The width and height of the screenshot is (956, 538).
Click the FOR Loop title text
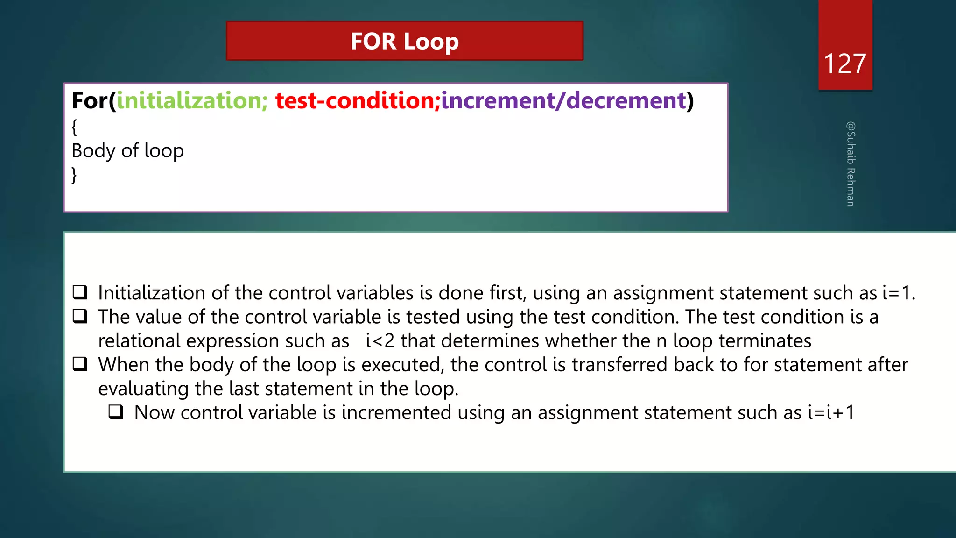[405, 41]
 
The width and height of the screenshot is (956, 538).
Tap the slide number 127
[845, 64]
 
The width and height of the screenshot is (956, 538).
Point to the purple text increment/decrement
[563, 101]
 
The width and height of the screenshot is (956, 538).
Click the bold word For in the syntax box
[89, 101]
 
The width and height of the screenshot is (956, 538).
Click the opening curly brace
[74, 127]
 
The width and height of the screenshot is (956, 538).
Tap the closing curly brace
[74, 175]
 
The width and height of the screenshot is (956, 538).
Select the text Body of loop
[127, 151]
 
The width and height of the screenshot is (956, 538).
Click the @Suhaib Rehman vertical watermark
[851, 164]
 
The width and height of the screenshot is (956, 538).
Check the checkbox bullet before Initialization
[80, 292]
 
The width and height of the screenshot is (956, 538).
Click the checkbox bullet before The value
[80, 317]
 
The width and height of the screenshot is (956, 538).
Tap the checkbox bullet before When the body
[80, 364]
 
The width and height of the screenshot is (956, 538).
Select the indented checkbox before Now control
[116, 412]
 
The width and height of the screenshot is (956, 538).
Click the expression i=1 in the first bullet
[897, 293]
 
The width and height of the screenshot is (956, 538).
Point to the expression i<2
[380, 341]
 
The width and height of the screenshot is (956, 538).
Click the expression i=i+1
[830, 413]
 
